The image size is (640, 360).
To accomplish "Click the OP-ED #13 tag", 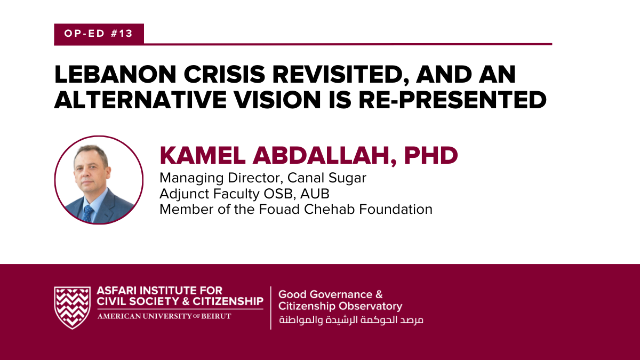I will tap(98, 34).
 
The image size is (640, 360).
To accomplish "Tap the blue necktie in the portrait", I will tap(89, 213).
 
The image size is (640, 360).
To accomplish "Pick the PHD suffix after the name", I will tap(431, 155).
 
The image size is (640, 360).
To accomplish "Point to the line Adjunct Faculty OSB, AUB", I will tap(249, 194).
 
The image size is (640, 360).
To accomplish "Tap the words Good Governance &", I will tap(331, 294).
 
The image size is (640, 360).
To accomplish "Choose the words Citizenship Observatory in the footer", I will tap(340, 307).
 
